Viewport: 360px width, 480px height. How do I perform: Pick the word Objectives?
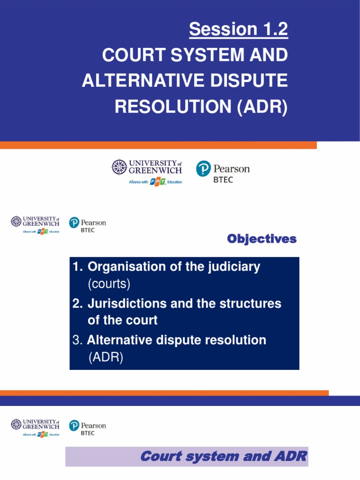[x=262, y=239]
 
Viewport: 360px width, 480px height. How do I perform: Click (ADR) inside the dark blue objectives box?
[x=105, y=358]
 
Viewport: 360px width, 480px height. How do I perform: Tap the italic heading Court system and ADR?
[x=224, y=456]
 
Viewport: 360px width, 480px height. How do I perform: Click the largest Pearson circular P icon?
[x=203, y=169]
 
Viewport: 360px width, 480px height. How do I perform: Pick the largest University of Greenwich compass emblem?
[x=119, y=167]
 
